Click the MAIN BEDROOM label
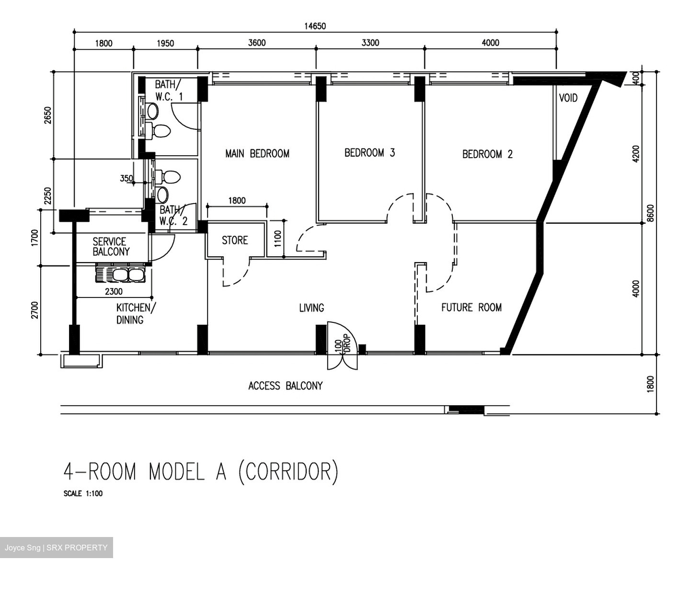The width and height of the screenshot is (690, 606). (257, 154)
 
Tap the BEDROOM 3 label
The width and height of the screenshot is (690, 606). (369, 152)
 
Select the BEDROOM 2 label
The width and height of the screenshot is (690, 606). (487, 154)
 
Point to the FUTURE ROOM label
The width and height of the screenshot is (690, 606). (471, 308)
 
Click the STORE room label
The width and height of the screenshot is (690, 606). (235, 240)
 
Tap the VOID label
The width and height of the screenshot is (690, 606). (568, 98)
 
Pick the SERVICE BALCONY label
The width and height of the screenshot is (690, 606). (111, 247)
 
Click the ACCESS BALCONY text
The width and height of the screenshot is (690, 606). (286, 386)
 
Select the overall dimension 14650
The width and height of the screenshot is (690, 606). (315, 26)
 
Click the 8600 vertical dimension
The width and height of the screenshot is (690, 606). (650, 213)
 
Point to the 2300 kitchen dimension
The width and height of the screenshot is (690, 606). (114, 291)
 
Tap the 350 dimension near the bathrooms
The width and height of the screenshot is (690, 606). (126, 178)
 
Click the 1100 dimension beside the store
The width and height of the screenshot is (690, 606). (277, 238)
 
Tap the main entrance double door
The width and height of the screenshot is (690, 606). (342, 345)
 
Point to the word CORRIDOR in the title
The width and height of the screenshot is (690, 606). (288, 472)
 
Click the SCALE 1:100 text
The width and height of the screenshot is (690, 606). (83, 493)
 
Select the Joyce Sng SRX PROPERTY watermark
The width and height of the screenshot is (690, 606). (56, 548)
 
